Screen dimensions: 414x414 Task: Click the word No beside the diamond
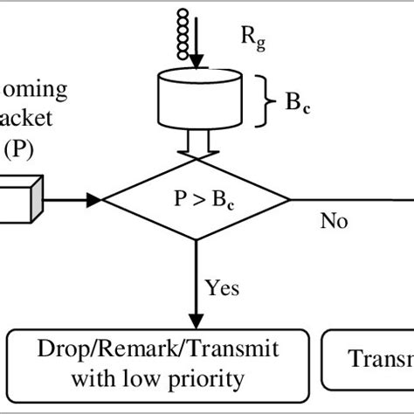pos(332,221)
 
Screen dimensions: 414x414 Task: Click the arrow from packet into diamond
pos(70,201)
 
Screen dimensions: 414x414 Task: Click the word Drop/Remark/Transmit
pos(158,350)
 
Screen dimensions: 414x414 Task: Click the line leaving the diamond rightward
pos(349,202)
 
